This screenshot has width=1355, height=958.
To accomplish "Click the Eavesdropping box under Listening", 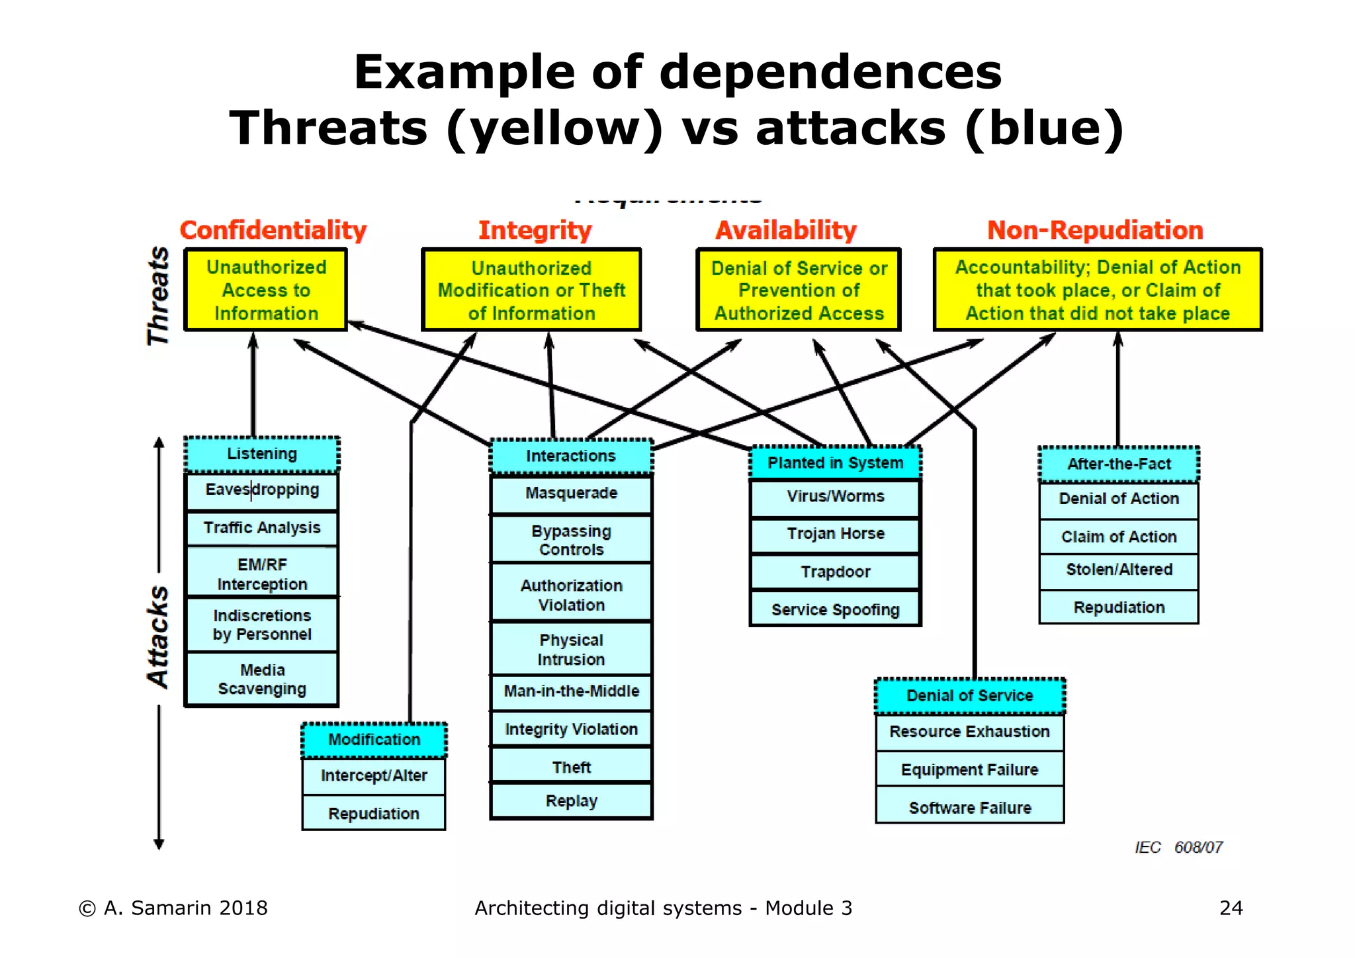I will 262,490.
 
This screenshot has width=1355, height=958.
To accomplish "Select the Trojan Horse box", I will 835,534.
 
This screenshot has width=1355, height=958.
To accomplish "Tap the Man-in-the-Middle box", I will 571,691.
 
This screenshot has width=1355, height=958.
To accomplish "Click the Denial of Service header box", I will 969,696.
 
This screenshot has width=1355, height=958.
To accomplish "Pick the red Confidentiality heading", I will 273,230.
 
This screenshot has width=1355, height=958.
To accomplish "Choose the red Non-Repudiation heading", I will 1095,230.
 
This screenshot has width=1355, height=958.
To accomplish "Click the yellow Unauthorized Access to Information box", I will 266,290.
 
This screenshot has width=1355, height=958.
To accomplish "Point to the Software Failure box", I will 969,808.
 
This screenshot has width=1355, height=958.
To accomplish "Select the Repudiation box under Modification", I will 374,814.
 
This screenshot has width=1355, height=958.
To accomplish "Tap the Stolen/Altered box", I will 1119,570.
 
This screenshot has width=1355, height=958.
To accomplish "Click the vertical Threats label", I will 158,296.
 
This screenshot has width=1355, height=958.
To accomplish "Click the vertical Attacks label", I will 158,636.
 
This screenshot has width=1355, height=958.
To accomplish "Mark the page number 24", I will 1231,908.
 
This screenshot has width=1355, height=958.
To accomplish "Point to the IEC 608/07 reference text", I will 1178,848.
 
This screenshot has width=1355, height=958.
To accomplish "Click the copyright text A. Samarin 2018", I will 173,908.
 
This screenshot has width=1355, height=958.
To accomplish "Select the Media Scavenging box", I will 262,679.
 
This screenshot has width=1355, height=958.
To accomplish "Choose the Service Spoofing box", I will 835,610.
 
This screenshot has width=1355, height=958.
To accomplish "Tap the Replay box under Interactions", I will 571,801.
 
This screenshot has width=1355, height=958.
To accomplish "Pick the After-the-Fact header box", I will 1119,464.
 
